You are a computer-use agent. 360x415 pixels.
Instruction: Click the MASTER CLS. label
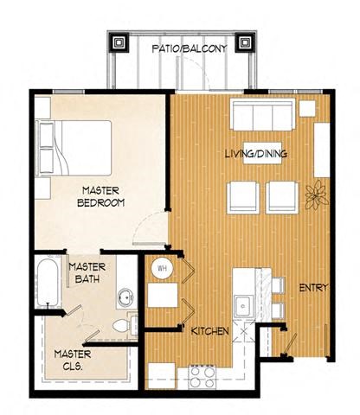73,359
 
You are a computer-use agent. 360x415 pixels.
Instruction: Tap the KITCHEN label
209,330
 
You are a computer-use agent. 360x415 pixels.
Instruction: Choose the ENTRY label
313,288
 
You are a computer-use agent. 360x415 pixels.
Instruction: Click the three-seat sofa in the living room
260,114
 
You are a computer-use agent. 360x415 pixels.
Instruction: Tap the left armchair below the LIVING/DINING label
243,198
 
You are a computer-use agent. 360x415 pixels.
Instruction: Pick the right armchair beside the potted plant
283,198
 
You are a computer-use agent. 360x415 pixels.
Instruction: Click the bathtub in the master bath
48,288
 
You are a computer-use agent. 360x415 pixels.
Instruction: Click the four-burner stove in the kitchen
202,374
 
